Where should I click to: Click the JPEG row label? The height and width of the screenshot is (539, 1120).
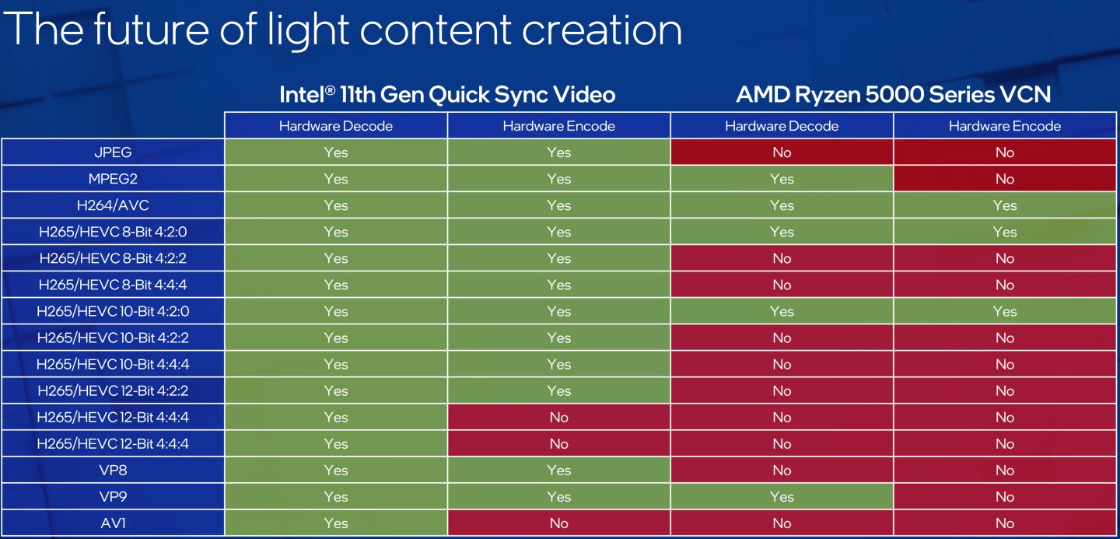coord(113,152)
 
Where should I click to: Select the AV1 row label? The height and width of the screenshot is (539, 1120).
coord(113,523)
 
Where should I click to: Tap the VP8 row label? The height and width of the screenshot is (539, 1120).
coord(113,471)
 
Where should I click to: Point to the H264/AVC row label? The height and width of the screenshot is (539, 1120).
coord(113,205)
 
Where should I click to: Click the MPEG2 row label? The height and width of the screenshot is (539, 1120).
coord(113,179)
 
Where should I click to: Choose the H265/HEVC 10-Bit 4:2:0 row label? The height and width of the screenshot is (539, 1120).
coord(113,311)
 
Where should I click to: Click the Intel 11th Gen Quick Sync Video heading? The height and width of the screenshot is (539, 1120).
coord(447,95)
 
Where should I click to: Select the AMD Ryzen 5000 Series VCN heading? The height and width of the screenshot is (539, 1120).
coord(894,95)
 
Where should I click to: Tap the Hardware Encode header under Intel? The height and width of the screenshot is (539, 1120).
coord(558,126)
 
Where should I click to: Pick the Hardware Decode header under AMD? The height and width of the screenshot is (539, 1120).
coord(782,126)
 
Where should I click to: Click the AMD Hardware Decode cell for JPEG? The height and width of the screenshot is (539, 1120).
coord(782,152)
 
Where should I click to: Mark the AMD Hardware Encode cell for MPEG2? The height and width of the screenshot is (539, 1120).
coord(1005,179)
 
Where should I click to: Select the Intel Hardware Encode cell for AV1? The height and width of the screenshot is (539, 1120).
coord(558,523)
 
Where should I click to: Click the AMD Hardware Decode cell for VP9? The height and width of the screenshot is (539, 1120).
coord(782,497)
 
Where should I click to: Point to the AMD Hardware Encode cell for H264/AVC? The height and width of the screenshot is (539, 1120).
coord(1005,205)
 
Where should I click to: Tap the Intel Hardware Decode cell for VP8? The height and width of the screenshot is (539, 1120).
coord(336,471)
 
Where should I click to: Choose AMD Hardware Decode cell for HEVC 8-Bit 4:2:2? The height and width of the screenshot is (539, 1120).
coord(782,258)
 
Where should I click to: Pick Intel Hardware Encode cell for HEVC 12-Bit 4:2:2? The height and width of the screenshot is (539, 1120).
coord(558,390)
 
